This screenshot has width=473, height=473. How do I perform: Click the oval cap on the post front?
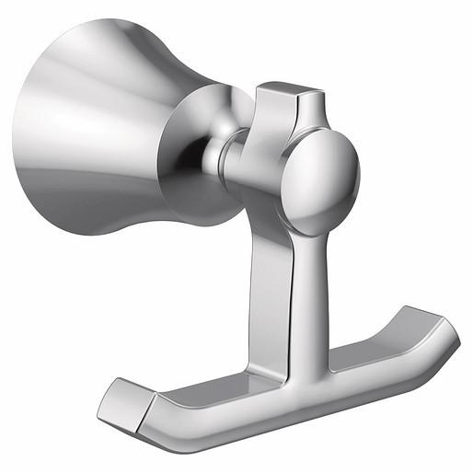322,179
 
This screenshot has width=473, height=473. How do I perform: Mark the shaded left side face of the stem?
274,276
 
